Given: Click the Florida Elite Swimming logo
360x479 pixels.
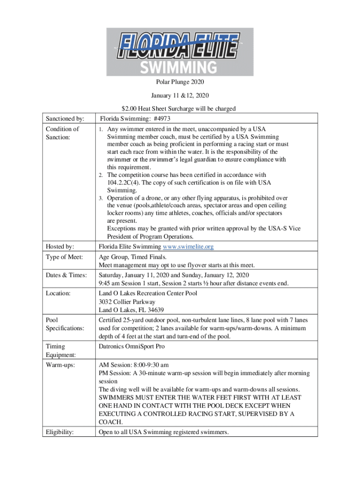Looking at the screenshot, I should click(x=180, y=51).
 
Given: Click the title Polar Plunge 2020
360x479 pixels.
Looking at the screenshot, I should click(x=180, y=82).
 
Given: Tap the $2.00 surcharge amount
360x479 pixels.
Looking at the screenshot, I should click(x=128, y=109).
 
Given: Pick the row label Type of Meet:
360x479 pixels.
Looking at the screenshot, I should click(x=65, y=257).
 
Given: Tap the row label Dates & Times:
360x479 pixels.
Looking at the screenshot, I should click(x=66, y=275).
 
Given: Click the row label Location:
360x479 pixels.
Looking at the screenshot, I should click(x=58, y=293).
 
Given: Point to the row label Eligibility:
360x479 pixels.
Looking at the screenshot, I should click(x=60, y=432).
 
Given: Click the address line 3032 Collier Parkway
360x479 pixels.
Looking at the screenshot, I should click(x=127, y=302).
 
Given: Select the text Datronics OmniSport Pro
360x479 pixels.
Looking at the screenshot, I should click(x=132, y=347).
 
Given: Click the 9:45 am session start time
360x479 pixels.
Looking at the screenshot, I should click(x=109, y=283).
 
